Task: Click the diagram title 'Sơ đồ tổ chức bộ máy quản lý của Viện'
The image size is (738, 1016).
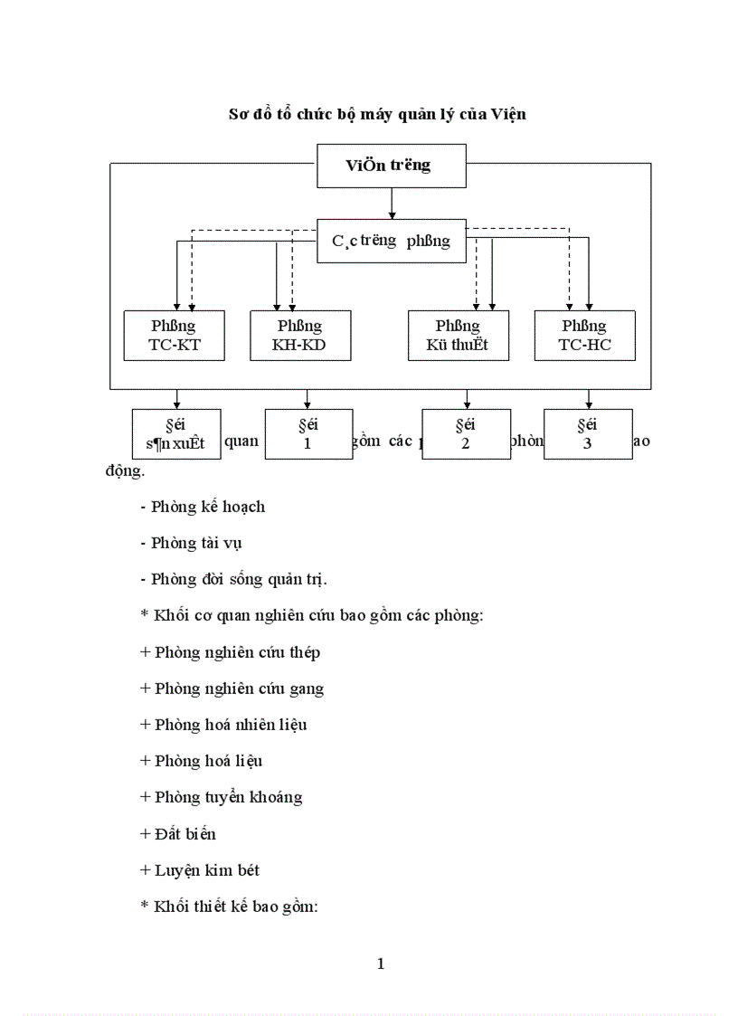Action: (x=376, y=114)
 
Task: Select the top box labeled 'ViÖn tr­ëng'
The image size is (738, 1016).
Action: (x=392, y=166)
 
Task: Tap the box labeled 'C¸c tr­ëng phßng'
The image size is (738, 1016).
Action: (x=392, y=241)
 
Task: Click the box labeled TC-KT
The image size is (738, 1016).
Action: (x=174, y=336)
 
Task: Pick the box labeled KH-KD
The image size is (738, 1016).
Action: (x=300, y=336)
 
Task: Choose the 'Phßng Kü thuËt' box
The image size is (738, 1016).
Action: (x=458, y=336)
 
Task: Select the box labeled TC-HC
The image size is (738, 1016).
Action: (x=584, y=336)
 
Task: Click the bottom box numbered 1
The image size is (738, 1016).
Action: (x=308, y=434)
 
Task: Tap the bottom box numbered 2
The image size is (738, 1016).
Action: (x=466, y=434)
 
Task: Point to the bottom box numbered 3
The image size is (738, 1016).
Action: (x=588, y=434)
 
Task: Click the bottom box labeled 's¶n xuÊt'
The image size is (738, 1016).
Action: (x=176, y=434)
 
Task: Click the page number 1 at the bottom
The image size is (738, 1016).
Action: (x=381, y=964)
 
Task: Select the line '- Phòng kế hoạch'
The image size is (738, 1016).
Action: (x=203, y=507)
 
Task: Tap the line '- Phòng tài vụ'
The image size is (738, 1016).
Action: (x=192, y=543)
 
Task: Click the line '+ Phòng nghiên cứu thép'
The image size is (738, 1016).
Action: (x=231, y=651)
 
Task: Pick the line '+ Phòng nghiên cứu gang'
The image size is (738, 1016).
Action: (x=232, y=688)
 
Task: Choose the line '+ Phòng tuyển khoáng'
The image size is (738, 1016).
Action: (x=222, y=797)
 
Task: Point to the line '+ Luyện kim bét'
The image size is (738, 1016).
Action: (x=200, y=869)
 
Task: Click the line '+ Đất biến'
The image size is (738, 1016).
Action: (x=178, y=833)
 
